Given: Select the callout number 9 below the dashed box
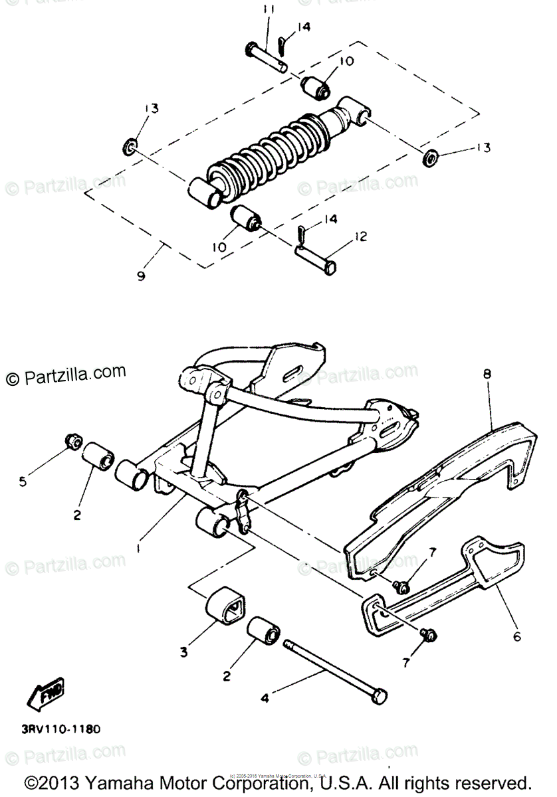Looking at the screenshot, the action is [x=141, y=276].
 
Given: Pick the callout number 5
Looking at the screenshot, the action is [x=23, y=482].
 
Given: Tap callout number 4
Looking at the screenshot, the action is [x=264, y=698].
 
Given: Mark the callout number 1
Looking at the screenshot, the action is [x=138, y=549].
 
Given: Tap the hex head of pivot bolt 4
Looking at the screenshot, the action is [x=379, y=697].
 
